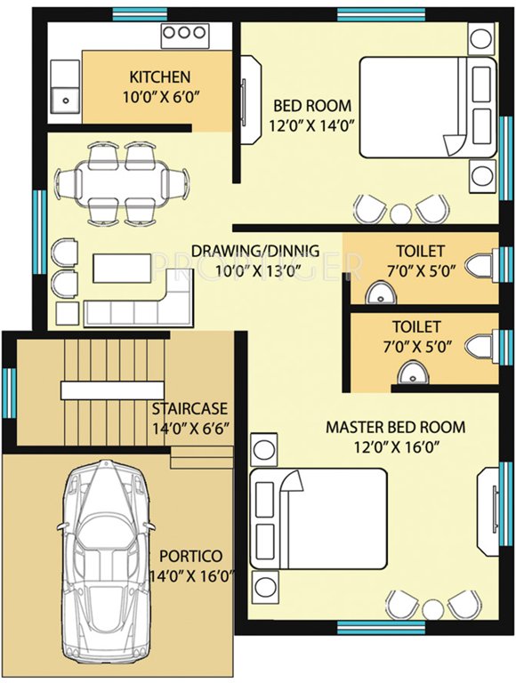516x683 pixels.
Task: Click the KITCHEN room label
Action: point(159,76)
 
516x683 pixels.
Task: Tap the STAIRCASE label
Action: point(189,409)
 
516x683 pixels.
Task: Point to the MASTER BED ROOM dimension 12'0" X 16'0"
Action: point(395,447)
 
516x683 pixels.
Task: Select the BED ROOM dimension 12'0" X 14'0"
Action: point(311,125)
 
